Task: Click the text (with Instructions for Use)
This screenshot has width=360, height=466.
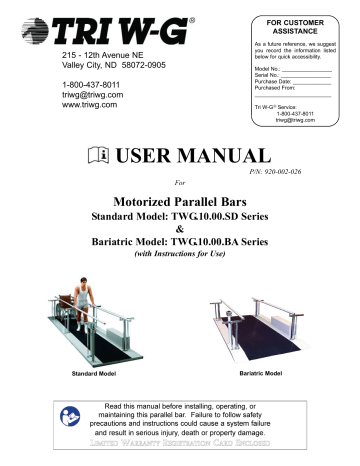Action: tap(180, 254)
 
